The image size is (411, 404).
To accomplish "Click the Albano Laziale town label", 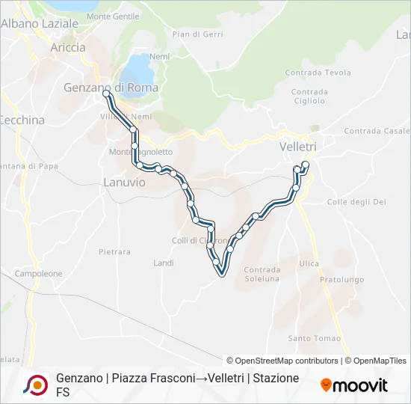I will [40, 23].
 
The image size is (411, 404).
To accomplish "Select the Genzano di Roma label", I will [111, 88].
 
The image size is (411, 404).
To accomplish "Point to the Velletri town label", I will [298, 147].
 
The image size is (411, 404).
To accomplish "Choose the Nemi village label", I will [160, 56].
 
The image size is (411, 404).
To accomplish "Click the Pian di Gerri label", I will [197, 34].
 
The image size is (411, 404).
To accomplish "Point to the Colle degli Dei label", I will [356, 202].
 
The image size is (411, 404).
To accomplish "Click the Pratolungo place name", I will [341, 280].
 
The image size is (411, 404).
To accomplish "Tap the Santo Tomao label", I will [314, 338].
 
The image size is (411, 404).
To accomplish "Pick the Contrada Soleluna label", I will [262, 275].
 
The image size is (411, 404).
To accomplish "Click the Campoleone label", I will [38, 274].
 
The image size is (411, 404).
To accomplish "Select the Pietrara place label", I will [114, 253].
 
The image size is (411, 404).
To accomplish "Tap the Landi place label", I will [163, 263].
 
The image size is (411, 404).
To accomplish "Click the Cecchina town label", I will [22, 120].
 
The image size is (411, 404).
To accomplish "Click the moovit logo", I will [354, 385].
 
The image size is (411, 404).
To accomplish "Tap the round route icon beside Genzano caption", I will [35, 385].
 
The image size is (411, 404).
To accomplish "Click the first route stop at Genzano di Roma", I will [106, 94].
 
